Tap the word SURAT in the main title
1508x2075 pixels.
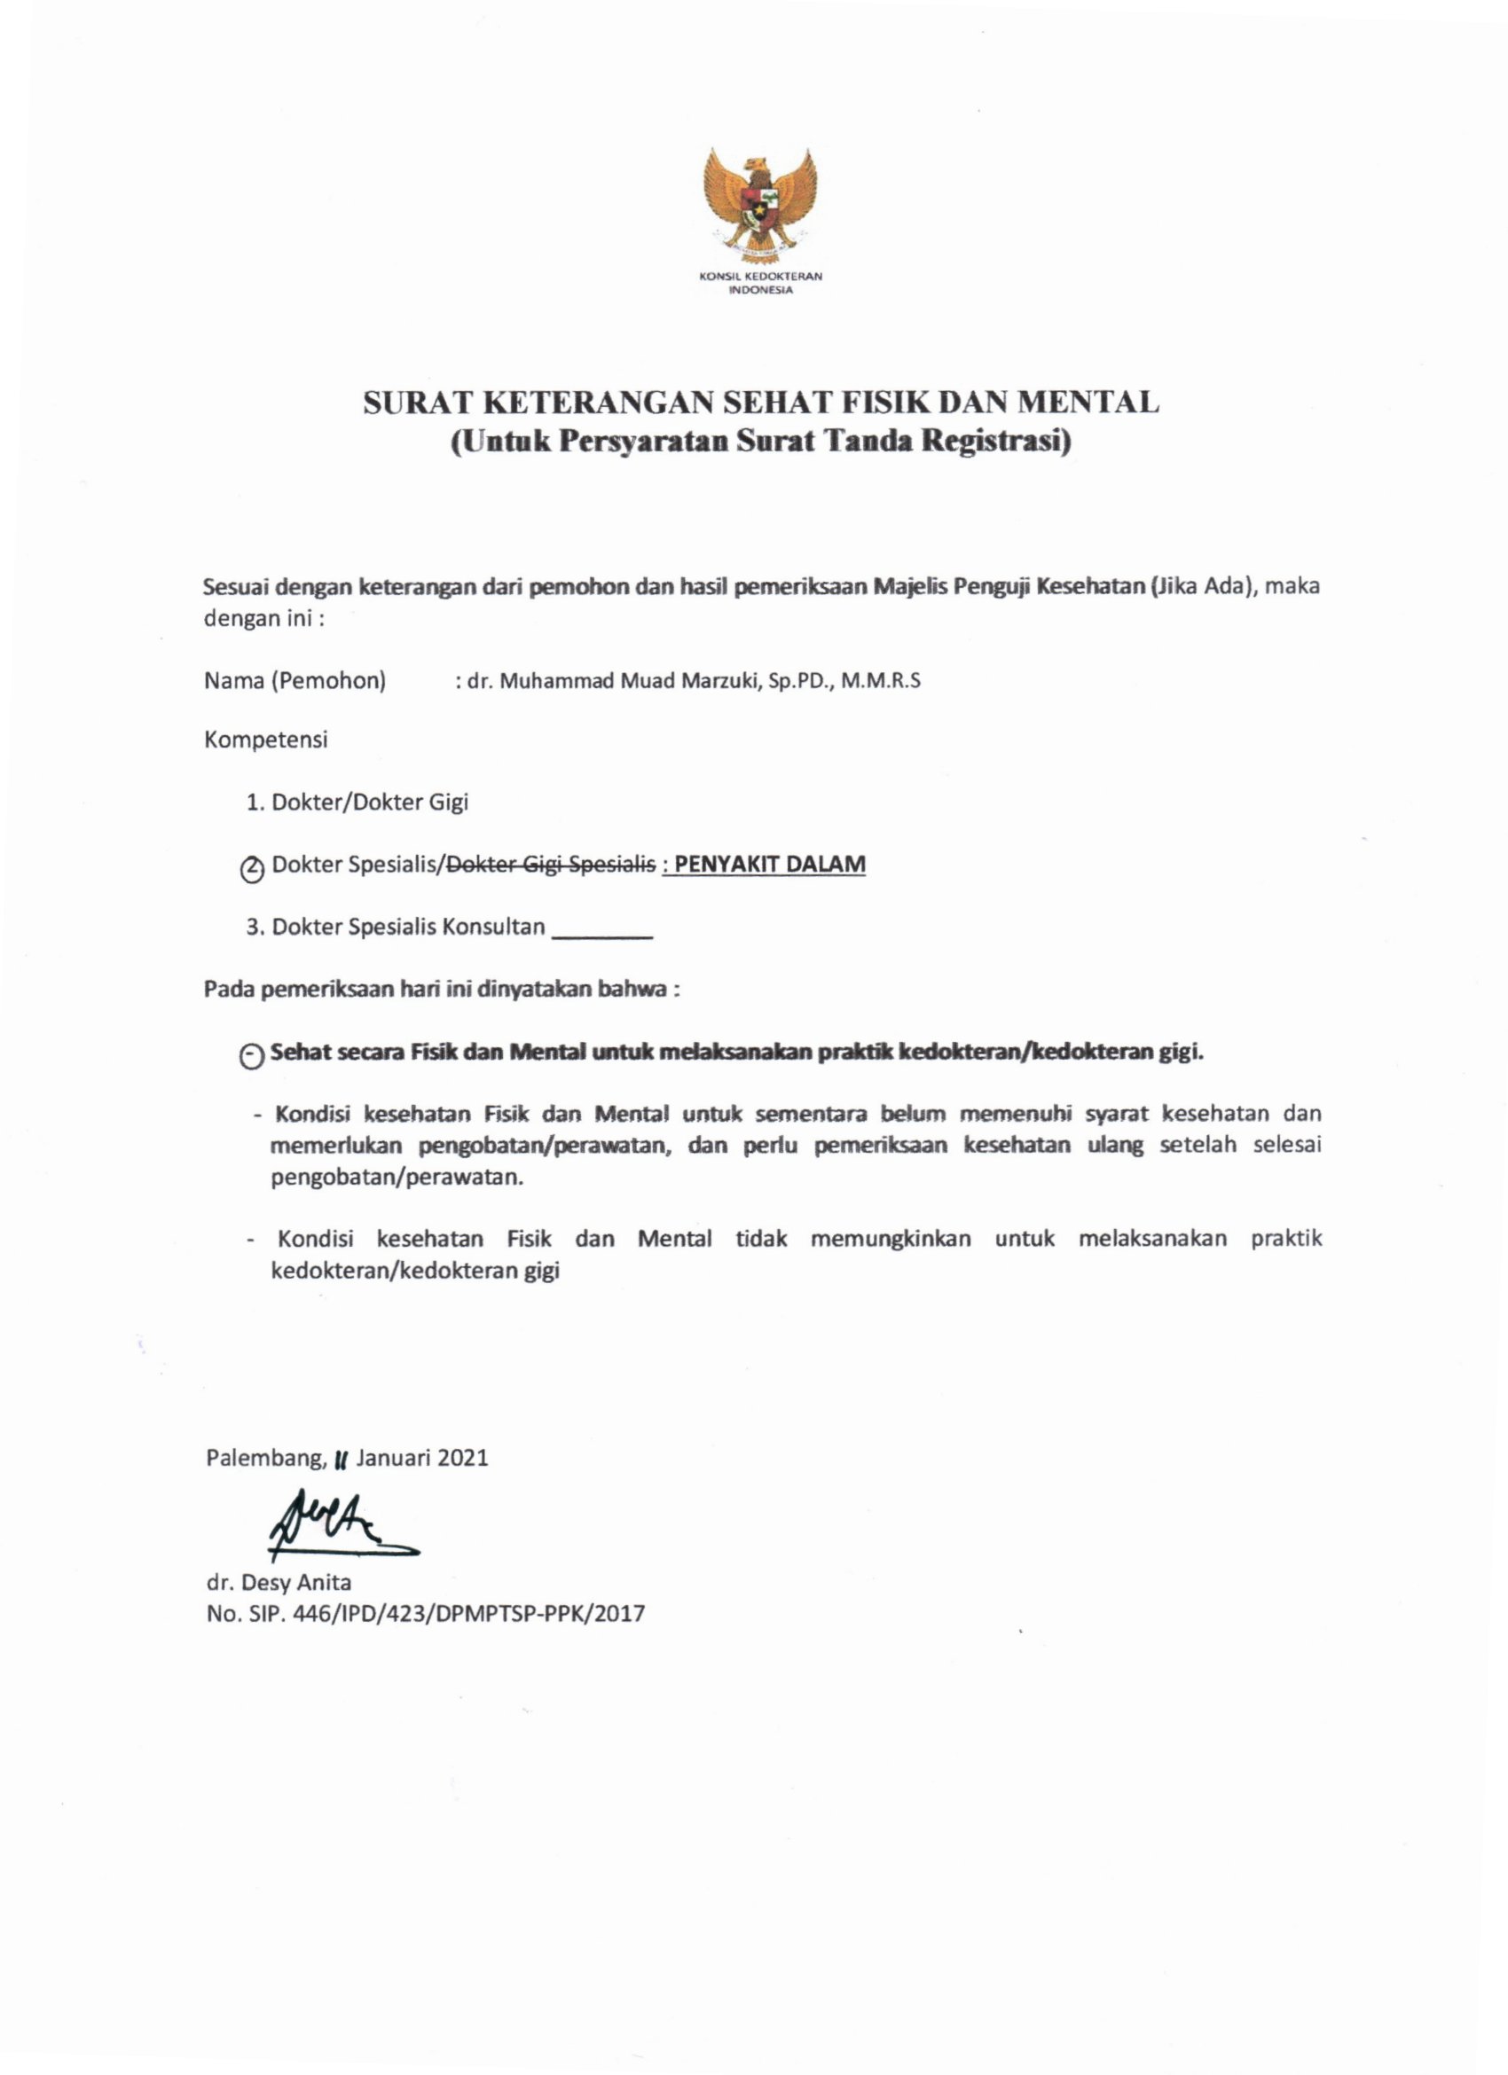tap(415, 403)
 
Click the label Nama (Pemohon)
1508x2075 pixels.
tap(295, 681)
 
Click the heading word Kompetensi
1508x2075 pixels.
tap(265, 740)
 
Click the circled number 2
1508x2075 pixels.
tap(250, 868)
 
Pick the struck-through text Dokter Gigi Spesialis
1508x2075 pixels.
tap(549, 865)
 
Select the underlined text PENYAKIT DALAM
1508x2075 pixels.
tap(770, 865)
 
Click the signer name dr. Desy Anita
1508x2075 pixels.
tap(279, 1582)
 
